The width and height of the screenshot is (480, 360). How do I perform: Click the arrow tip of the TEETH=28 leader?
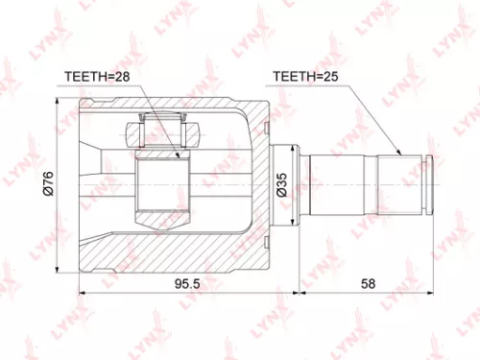(x=179, y=156)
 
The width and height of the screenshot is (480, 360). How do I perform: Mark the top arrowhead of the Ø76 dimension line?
(x=59, y=101)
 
